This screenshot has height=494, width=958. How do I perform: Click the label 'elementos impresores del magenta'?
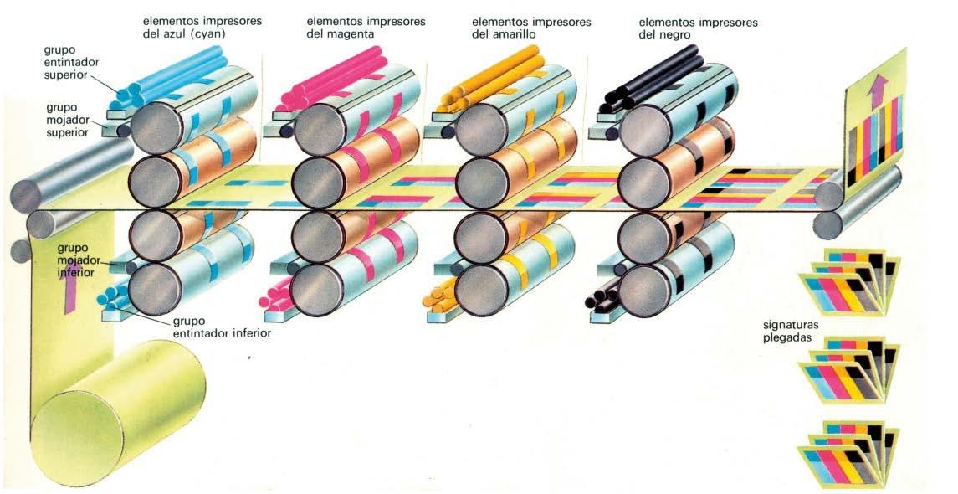pyautogui.click(x=366, y=28)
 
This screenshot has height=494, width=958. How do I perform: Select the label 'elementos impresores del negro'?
pyautogui.click(x=698, y=28)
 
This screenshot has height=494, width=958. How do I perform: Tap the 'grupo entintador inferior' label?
pyautogui.click(x=221, y=327)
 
